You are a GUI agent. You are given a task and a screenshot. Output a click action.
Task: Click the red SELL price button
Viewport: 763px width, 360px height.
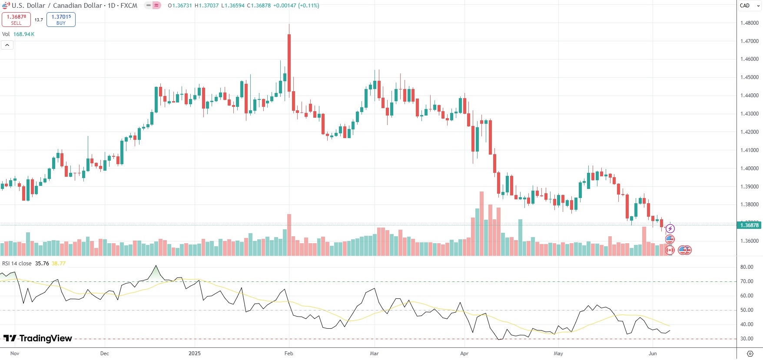pyautogui.click(x=16, y=20)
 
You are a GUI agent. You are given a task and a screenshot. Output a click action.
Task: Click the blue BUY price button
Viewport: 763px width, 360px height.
pyautogui.click(x=61, y=20)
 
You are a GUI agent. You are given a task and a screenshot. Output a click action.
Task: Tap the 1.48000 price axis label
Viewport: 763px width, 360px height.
pyautogui.click(x=749, y=23)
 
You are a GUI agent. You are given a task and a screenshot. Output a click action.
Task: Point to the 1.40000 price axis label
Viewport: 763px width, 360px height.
pyautogui.click(x=749, y=168)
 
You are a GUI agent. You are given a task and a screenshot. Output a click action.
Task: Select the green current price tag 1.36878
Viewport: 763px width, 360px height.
pyautogui.click(x=749, y=225)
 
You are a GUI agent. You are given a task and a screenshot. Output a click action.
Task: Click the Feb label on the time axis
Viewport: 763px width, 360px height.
pyautogui.click(x=289, y=353)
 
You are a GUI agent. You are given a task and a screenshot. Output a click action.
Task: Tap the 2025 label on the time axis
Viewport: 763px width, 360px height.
pyautogui.click(x=195, y=353)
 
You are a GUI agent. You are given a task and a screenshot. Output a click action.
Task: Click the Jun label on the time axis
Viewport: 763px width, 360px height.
pyautogui.click(x=652, y=353)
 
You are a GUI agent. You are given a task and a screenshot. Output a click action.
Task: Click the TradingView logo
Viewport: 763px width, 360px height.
pyautogui.click(x=38, y=338)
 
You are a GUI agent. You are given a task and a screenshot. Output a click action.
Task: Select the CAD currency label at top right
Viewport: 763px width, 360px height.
pyautogui.click(x=745, y=6)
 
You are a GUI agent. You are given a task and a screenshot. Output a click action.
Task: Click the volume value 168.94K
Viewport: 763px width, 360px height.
pyautogui.click(x=24, y=34)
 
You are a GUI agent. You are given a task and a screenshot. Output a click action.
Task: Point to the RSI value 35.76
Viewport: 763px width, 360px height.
pyautogui.click(x=42, y=264)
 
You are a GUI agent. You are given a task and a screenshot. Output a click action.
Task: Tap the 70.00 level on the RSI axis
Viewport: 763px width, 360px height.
pyautogui.click(x=746, y=281)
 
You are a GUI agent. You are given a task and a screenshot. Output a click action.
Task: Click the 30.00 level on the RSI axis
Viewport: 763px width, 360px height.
pyautogui.click(x=746, y=339)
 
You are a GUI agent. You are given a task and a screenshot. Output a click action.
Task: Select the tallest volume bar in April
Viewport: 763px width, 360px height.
pyautogui.click(x=481, y=223)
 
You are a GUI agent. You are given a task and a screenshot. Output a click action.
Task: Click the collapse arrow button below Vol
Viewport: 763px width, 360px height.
pyautogui.click(x=7, y=45)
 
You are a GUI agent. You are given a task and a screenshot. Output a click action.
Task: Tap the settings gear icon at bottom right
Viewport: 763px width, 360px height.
pyautogui.click(x=750, y=353)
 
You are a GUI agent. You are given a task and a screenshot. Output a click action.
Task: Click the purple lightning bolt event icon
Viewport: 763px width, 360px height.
pyautogui.click(x=670, y=228)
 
